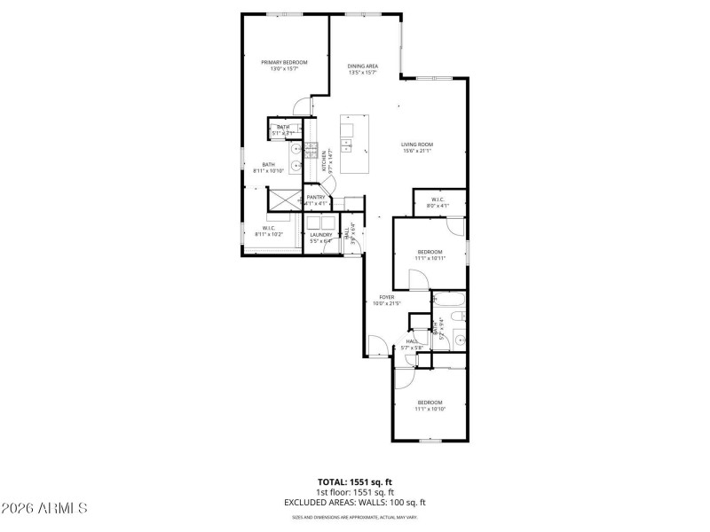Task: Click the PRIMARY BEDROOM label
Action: point(284,62)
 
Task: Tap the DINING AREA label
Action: point(362,66)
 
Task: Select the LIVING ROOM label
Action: point(416,144)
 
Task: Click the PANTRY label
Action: point(317,197)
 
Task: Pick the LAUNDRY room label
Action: point(320,235)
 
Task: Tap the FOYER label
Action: point(387,297)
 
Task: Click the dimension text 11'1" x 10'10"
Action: point(429,409)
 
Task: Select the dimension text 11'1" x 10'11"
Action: point(430,259)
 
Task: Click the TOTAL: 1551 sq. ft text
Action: point(355,482)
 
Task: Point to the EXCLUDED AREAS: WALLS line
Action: point(355,502)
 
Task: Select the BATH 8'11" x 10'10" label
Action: point(268,167)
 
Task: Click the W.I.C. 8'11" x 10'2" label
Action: point(269,231)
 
